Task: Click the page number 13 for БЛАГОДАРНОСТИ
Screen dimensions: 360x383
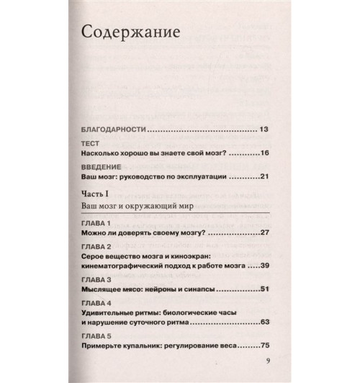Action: [263, 129]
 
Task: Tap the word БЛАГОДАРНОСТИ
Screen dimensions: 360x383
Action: [114, 129]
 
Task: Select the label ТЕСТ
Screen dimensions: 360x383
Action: [91, 143]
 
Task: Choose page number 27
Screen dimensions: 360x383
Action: [263, 234]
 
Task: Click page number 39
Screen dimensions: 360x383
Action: [263, 266]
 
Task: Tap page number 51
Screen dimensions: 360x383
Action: [263, 289]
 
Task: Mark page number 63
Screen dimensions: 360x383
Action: [263, 322]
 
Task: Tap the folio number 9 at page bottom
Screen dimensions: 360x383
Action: [266, 361]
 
